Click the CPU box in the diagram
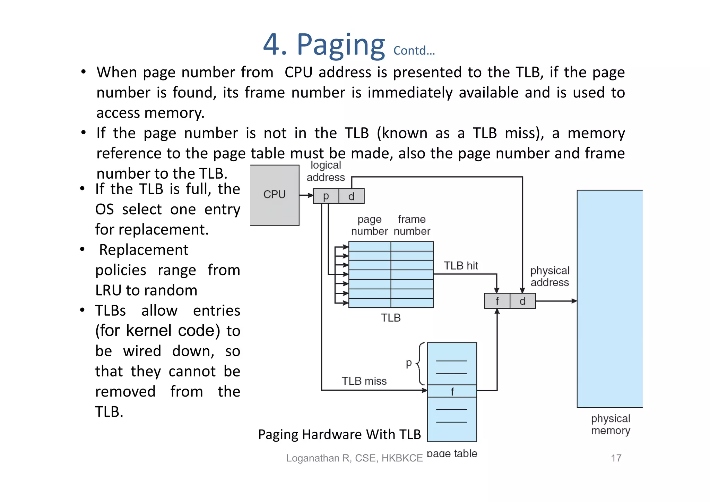point(275,195)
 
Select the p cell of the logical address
point(326,196)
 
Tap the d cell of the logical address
point(351,196)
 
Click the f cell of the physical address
point(497,301)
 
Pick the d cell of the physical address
point(522,301)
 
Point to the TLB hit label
point(461,266)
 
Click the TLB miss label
point(364,381)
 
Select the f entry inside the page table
point(452,391)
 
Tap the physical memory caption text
point(611,425)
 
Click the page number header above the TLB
point(370,225)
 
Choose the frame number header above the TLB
point(412,225)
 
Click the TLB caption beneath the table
point(391,318)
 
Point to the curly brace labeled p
point(421,364)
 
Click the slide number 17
point(616,458)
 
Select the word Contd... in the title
point(414,51)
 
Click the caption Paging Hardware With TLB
point(339,434)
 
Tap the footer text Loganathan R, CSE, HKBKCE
point(354,458)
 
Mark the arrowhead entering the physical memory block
point(574,301)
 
